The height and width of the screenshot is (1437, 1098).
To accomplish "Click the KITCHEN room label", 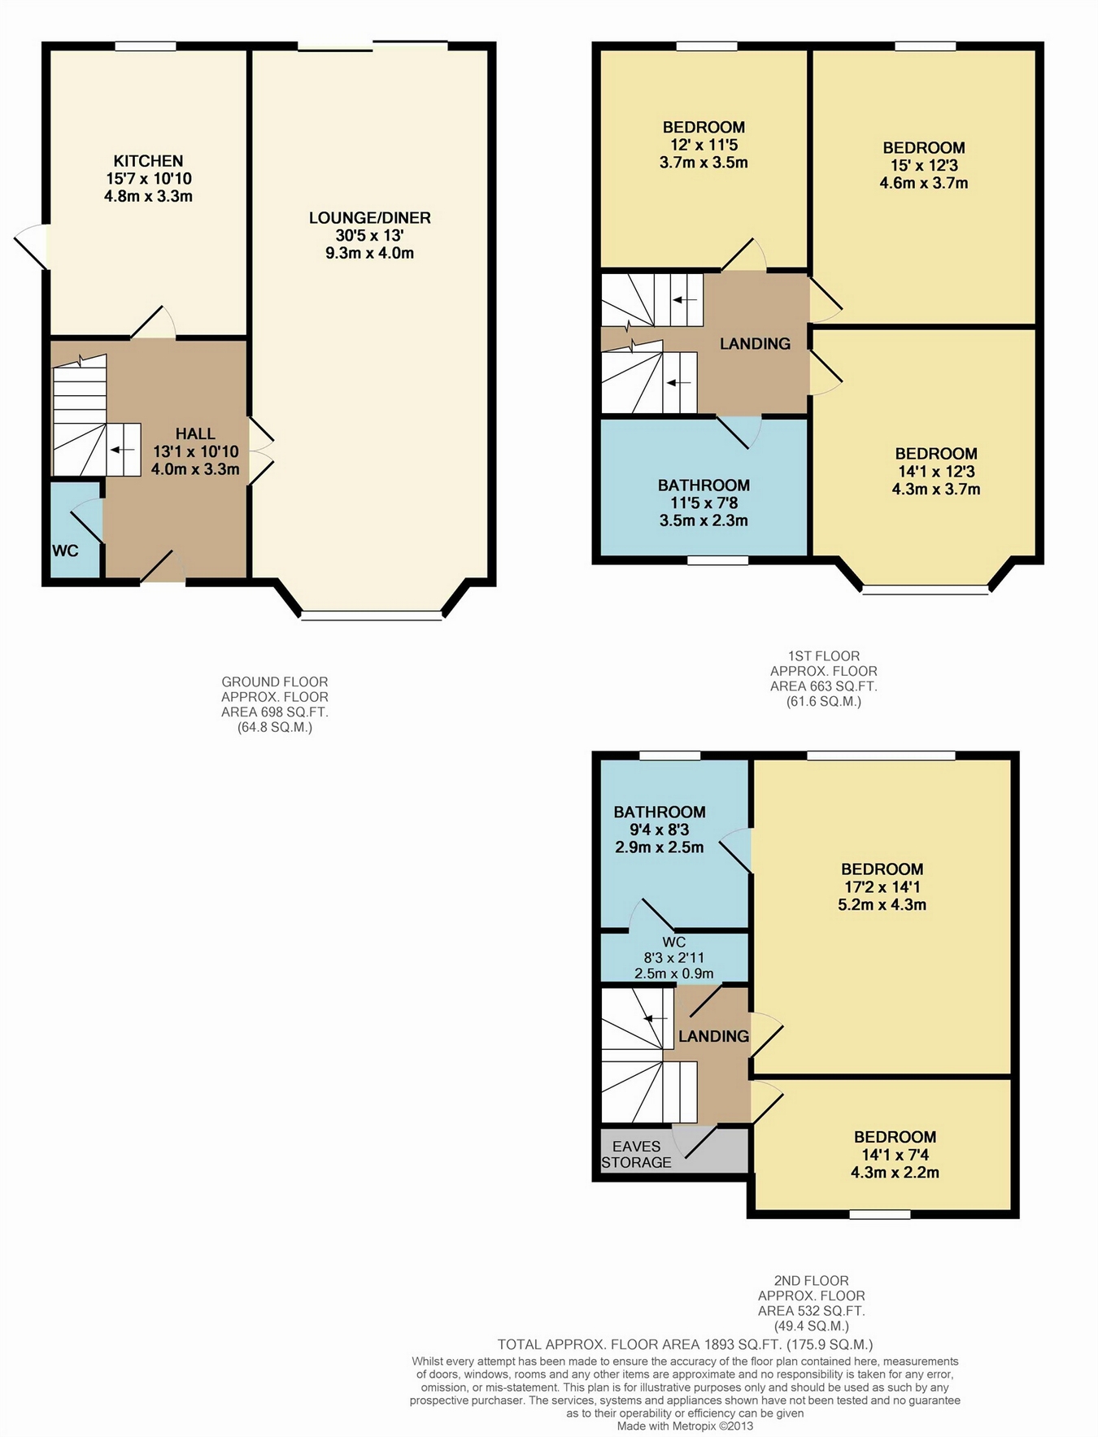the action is (148, 161).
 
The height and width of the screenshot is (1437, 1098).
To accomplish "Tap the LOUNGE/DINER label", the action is (370, 218).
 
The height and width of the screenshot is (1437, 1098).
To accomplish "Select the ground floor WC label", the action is (65, 551).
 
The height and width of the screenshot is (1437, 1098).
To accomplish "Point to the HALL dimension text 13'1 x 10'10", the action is (196, 451).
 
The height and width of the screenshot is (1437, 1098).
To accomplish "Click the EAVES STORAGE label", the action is (637, 1154).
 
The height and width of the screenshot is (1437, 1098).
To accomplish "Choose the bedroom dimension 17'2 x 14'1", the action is (882, 886).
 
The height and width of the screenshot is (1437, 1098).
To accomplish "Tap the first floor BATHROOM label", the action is (704, 486).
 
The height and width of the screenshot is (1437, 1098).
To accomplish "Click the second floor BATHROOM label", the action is (660, 812).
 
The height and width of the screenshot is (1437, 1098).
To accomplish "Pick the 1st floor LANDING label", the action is (755, 343).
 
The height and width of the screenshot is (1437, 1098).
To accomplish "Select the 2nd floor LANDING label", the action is (713, 1036).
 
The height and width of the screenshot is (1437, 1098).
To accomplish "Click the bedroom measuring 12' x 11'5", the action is (704, 145).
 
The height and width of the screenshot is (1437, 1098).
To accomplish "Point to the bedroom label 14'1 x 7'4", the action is (895, 1155).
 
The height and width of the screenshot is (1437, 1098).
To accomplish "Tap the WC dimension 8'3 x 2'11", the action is (674, 958).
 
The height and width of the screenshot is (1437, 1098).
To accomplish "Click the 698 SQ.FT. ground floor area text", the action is (275, 712).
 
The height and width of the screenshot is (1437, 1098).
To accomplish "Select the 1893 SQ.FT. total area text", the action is (685, 1344).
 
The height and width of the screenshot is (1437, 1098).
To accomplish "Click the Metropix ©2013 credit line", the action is (685, 1426).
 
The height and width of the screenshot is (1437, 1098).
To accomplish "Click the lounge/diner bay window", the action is (372, 616).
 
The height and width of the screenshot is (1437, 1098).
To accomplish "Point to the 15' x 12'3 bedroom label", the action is (924, 165).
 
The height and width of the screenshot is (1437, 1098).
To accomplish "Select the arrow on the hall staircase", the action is (123, 450).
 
